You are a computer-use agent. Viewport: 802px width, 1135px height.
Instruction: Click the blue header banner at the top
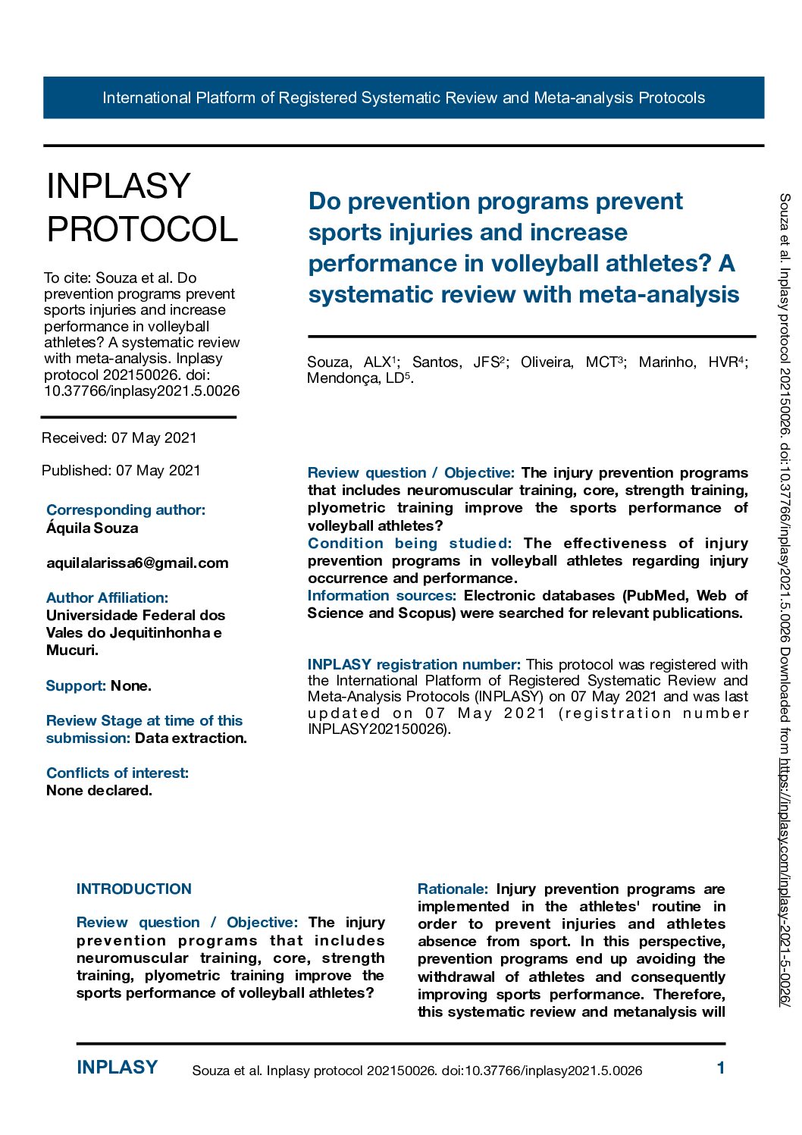[x=403, y=98]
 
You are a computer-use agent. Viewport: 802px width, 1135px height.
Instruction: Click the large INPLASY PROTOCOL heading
[x=142, y=208]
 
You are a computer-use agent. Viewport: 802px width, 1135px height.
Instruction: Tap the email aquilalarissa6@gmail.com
[x=137, y=563]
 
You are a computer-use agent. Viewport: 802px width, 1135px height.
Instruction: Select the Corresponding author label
[x=125, y=509]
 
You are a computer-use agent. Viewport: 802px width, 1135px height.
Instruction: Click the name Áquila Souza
[x=92, y=528]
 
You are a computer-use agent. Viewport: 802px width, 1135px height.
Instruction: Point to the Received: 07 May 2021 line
[x=119, y=437]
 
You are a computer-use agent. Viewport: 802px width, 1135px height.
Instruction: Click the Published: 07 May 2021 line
[x=121, y=470]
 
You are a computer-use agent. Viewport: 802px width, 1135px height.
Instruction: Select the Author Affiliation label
[x=107, y=597]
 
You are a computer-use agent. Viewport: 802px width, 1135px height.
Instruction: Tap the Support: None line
[x=99, y=685]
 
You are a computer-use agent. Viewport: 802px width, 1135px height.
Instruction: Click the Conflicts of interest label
[x=117, y=773]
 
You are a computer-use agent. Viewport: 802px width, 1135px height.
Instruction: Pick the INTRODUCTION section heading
[x=134, y=889]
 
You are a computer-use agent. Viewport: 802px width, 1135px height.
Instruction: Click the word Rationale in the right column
[x=453, y=889]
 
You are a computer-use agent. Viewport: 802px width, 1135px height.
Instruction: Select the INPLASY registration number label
[x=414, y=664]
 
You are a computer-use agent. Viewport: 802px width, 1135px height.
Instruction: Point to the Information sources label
[x=381, y=595]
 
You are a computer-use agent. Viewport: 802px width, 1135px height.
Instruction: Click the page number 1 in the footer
[x=721, y=1068]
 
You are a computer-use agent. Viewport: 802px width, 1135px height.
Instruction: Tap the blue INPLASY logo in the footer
[x=117, y=1068]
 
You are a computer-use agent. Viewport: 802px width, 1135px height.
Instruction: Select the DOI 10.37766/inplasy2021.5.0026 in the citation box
[x=142, y=391]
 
